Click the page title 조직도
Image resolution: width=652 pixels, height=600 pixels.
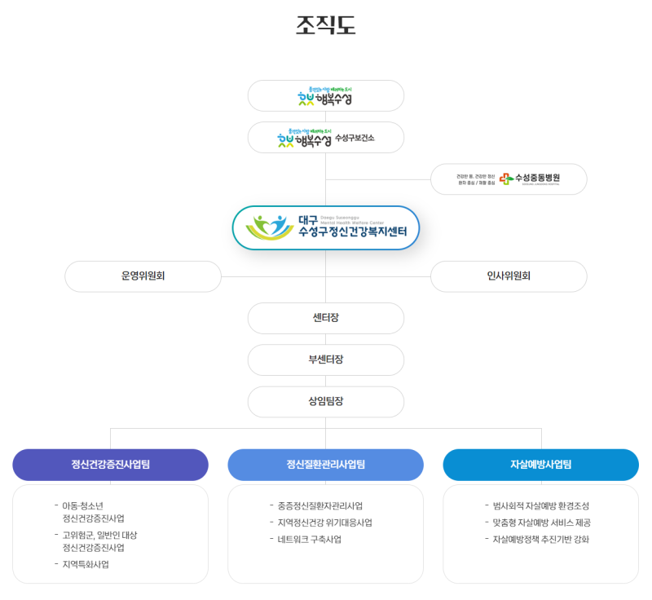click(x=326, y=25)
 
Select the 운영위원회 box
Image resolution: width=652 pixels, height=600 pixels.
click(x=143, y=276)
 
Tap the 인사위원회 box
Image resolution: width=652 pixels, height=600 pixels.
click(x=509, y=276)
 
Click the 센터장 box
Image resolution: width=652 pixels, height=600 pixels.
click(x=326, y=318)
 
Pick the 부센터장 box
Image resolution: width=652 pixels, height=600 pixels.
click(x=326, y=360)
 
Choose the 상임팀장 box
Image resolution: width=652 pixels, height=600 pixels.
click(x=326, y=401)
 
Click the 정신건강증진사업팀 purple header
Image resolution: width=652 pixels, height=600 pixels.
click(x=110, y=465)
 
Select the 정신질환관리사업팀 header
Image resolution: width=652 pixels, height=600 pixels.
click(x=326, y=465)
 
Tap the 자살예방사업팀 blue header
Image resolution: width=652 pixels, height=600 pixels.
click(x=541, y=465)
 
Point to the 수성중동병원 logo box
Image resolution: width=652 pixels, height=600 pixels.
click(x=509, y=179)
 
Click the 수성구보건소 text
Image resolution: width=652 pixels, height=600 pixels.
click(x=355, y=138)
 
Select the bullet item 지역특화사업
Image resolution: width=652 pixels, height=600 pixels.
click(x=86, y=564)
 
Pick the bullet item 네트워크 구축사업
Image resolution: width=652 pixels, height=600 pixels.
click(x=309, y=540)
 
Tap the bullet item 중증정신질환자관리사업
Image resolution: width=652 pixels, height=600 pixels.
click(x=319, y=506)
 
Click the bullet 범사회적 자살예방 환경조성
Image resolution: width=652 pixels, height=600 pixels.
click(x=541, y=506)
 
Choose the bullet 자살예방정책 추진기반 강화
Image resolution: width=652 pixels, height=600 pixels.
click(x=540, y=540)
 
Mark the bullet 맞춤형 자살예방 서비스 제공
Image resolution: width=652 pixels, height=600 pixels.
click(x=541, y=523)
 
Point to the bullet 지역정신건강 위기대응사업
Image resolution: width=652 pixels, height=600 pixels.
click(x=324, y=523)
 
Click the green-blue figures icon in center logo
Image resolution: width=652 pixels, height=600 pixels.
click(x=270, y=227)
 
